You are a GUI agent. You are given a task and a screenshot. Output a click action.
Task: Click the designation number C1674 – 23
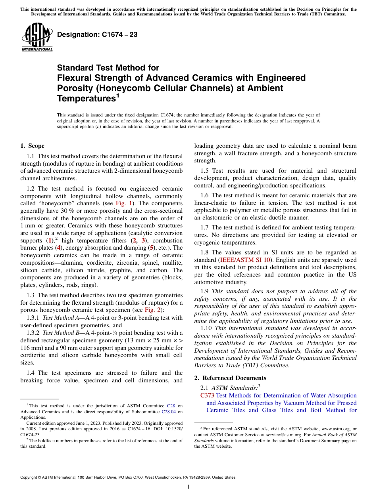point(97,34)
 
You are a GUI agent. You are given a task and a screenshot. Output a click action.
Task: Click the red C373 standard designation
point(208,395)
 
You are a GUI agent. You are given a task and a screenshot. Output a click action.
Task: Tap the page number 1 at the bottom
point(188,487)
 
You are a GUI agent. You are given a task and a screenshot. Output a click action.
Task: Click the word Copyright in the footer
point(29,477)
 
